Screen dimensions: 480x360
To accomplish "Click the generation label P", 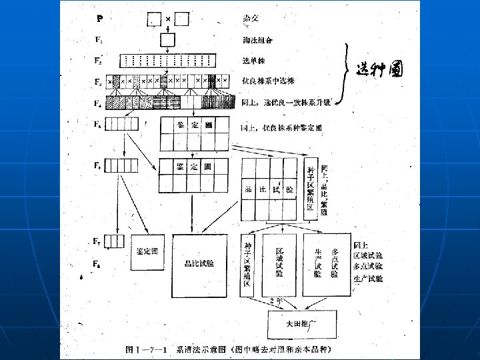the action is point(99,19).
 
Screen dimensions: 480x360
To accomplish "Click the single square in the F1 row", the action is point(167,41).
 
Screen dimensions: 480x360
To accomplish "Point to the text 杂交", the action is point(251,18).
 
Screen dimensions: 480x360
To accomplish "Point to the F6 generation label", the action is point(99,166).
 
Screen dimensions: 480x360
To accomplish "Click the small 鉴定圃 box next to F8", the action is point(147,252).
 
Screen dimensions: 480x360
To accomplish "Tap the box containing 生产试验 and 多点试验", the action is point(327,263).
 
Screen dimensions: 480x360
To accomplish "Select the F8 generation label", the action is point(97,265).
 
